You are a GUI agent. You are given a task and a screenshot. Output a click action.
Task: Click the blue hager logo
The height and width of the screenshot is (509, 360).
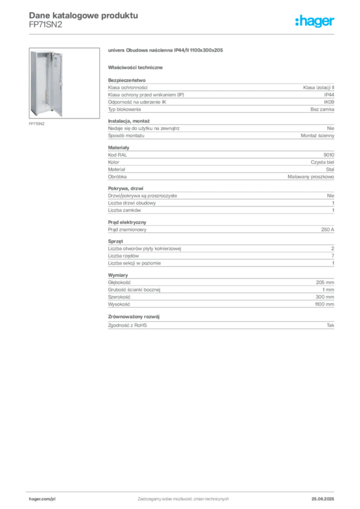pyautogui.click(x=315, y=21)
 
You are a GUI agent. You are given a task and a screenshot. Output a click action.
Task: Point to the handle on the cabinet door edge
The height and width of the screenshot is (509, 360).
pyautogui.click(x=65, y=85)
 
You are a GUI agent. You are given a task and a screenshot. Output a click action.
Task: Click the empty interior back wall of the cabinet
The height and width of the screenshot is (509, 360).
pyautogui.click(x=42, y=80)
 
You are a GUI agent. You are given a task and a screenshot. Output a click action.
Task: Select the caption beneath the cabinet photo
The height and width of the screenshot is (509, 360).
pyautogui.click(x=38, y=124)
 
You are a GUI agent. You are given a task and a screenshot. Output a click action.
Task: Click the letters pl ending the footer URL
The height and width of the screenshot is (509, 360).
pyautogui.click(x=51, y=497)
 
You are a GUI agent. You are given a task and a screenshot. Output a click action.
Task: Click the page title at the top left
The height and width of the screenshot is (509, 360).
pyautogui.click(x=83, y=15)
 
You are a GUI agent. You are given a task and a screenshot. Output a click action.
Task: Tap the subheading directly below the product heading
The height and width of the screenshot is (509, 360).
pyautogui.click(x=137, y=67)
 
